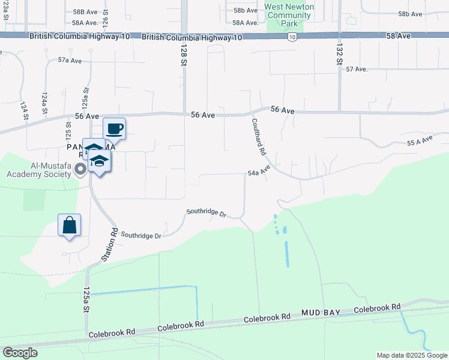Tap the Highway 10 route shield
pos(291,37)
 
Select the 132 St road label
pos(339,53)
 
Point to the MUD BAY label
pos(321,313)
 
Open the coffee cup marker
pos(114,128)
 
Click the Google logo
pos(20,353)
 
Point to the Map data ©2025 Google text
pos(411,355)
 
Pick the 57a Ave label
pos(70,61)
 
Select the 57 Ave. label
pos(356,69)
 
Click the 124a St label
pos(44,100)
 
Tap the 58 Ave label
pos(399,36)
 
